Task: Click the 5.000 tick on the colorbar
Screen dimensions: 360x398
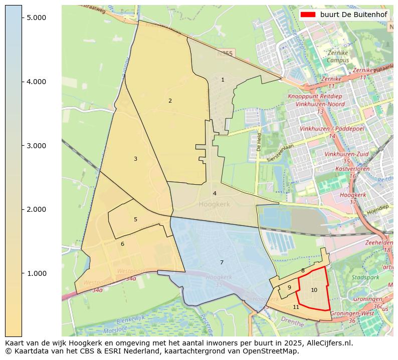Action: pos(22,18)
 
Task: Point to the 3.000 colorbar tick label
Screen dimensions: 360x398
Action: pos(36,146)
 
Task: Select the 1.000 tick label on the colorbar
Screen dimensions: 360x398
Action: pos(36,273)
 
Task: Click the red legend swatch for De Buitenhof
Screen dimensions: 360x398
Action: pos(309,15)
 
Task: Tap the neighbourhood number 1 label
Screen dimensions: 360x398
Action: pos(223,80)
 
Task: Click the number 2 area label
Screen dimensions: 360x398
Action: pos(170,101)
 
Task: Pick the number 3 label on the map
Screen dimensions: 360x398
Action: pos(135,159)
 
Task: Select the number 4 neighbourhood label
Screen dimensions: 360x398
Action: pos(215,193)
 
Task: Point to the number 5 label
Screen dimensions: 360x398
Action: pos(135,219)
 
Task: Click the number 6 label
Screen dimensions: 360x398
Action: pos(122,244)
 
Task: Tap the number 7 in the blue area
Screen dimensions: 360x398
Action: pos(222,262)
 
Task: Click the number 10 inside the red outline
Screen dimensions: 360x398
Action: pos(314,290)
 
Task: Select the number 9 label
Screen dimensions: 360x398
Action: pos(289,287)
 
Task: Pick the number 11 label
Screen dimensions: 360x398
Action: pos(296,307)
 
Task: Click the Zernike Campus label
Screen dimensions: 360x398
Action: pos(337,57)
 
